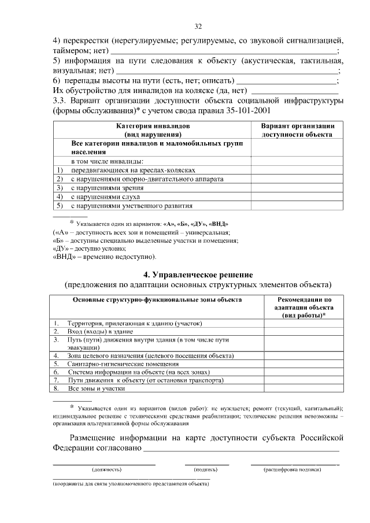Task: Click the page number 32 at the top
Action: pyautogui.click(x=198, y=27)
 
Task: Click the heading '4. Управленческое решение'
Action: pyautogui.click(x=198, y=274)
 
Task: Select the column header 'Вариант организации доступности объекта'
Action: pyautogui.click(x=297, y=129)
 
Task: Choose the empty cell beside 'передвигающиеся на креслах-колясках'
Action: pyautogui.click(x=297, y=170)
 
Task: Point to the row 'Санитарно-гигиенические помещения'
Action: pyautogui.click(x=123, y=364)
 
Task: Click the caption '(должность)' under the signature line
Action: pyautogui.click(x=105, y=470)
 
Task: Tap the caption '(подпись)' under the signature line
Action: pyautogui.click(x=206, y=470)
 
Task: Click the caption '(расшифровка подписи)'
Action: pyautogui.click(x=293, y=470)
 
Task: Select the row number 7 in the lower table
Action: pyautogui.click(x=56, y=381)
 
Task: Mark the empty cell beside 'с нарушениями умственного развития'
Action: pyautogui.click(x=297, y=205)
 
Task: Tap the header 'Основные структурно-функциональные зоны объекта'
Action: pyautogui.click(x=157, y=299)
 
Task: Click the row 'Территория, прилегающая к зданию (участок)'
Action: pyautogui.click(x=136, y=323)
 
